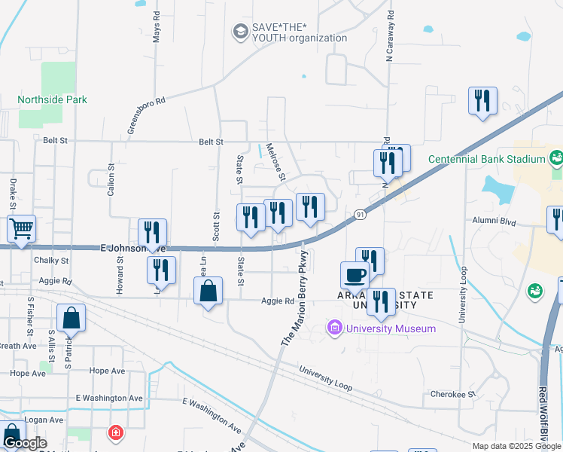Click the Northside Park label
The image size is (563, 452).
52,99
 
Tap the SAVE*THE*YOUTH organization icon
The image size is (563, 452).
240,32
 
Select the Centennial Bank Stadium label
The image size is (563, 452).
486,159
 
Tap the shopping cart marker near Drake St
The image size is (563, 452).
22,228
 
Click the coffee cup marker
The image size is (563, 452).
355,275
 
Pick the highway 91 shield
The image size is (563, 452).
361,215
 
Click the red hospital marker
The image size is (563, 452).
115,432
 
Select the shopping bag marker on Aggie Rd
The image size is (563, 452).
208,291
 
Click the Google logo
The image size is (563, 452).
24,443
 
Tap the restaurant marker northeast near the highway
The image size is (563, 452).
482,101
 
